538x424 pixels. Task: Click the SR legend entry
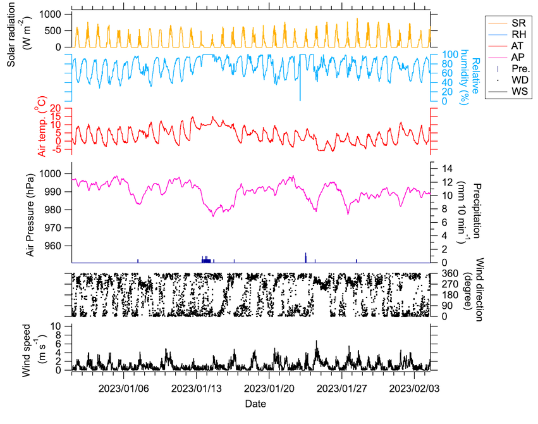click(508, 23)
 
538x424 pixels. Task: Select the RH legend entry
click(508, 34)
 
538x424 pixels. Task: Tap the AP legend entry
click(508, 58)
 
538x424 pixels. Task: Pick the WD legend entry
click(508, 80)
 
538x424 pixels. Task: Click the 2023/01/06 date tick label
click(123, 389)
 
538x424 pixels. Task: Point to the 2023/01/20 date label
click(269, 389)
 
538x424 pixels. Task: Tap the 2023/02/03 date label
click(414, 389)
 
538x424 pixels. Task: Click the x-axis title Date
click(255, 404)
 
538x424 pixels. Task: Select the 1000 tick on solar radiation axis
click(50, 14)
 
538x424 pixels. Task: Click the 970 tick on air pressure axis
click(51, 228)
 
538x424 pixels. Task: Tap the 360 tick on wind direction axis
click(450, 273)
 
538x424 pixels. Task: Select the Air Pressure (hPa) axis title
click(30, 215)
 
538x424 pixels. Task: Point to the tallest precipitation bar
click(306, 258)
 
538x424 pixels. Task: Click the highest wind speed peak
click(316, 341)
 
